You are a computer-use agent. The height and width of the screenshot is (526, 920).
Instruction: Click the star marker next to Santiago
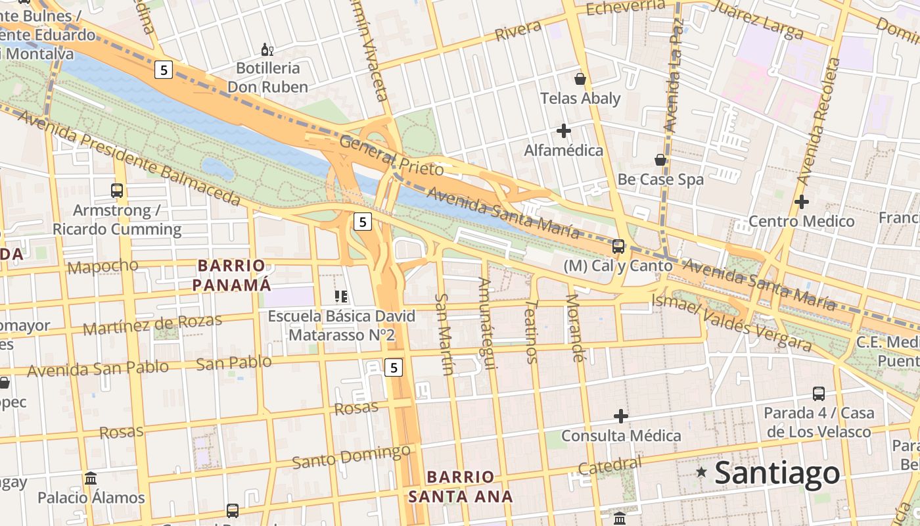(702, 472)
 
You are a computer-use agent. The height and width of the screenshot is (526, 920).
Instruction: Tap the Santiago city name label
(777, 473)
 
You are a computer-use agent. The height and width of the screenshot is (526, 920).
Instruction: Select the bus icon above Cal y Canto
(618, 247)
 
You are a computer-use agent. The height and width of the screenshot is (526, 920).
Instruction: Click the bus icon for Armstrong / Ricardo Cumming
(117, 191)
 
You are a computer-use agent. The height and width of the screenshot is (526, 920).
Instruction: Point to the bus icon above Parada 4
(818, 393)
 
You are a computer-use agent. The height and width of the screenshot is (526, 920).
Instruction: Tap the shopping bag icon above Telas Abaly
(580, 79)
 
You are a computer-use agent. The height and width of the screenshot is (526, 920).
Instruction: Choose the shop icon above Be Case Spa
(660, 160)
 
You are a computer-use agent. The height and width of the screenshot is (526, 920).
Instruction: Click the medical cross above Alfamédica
(563, 131)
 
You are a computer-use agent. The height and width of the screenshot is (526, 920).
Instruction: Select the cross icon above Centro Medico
(801, 202)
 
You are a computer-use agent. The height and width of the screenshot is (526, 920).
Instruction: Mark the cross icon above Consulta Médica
(620, 416)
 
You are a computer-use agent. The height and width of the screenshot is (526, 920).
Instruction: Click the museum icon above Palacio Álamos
(91, 478)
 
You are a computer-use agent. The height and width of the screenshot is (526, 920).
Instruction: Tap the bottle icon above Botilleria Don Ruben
(267, 49)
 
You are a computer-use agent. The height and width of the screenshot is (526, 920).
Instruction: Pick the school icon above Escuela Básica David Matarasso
(340, 297)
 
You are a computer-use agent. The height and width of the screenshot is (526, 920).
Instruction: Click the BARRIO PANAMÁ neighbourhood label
(233, 275)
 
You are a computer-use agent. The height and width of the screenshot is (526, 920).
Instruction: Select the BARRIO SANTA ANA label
(460, 487)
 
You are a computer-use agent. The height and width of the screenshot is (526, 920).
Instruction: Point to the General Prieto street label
(392, 156)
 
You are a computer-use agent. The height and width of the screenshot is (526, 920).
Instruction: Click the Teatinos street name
(532, 331)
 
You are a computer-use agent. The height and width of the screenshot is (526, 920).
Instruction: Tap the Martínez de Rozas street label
(152, 324)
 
